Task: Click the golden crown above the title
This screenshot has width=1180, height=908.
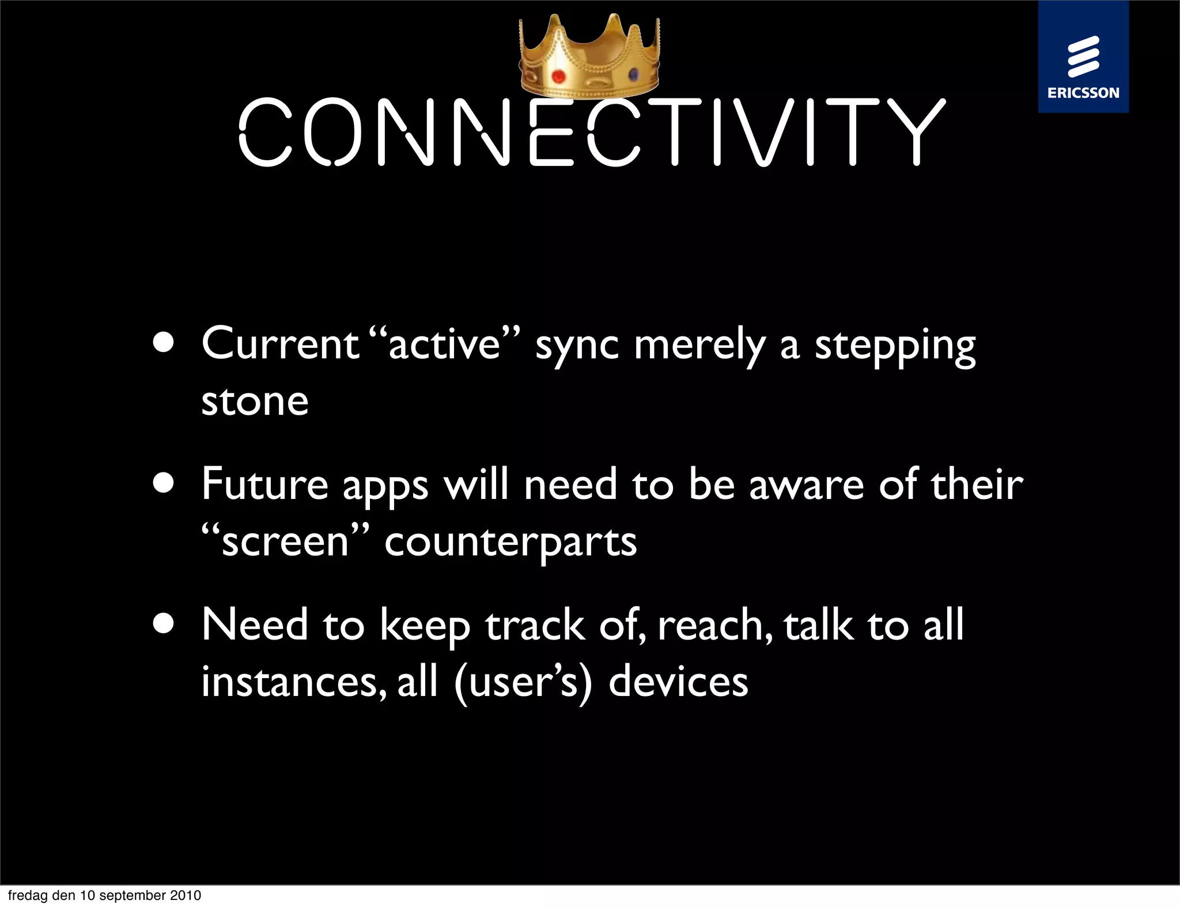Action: tap(589, 58)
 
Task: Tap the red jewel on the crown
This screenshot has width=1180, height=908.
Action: tap(558, 76)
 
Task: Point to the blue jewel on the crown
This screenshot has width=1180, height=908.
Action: tap(633, 74)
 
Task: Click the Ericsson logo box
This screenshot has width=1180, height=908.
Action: tap(1083, 56)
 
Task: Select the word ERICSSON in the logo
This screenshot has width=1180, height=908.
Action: tap(1083, 93)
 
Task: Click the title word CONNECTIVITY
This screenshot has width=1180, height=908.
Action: tap(592, 133)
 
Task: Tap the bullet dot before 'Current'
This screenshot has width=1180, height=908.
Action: tap(164, 342)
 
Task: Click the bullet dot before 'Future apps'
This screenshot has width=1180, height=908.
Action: tap(164, 483)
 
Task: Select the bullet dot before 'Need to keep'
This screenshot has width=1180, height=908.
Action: tap(164, 623)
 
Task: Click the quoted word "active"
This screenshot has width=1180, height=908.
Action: tap(444, 344)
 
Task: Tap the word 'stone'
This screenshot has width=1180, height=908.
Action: tap(255, 401)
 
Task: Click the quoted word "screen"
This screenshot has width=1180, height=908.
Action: tap(285, 542)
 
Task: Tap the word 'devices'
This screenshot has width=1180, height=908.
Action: tap(678, 682)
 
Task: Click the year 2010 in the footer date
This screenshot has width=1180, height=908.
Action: tap(185, 895)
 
